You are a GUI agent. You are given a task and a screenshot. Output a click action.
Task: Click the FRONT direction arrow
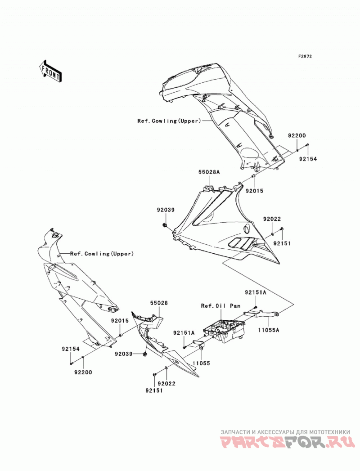point(50,71)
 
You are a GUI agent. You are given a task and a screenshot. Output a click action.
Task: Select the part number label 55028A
point(209,172)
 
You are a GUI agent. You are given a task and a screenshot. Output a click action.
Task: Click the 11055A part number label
point(268,330)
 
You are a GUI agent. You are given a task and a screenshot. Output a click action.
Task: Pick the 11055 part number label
point(201,363)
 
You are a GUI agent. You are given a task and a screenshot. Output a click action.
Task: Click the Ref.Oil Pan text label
point(220,306)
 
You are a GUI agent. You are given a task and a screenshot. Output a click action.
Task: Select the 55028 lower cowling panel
point(162,345)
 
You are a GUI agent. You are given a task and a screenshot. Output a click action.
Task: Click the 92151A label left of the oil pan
point(184,333)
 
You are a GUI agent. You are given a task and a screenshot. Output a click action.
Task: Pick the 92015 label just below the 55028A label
point(254,191)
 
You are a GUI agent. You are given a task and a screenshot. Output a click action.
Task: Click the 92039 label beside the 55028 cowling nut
point(123,354)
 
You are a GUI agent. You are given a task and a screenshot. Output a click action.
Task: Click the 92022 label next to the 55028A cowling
point(272,219)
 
